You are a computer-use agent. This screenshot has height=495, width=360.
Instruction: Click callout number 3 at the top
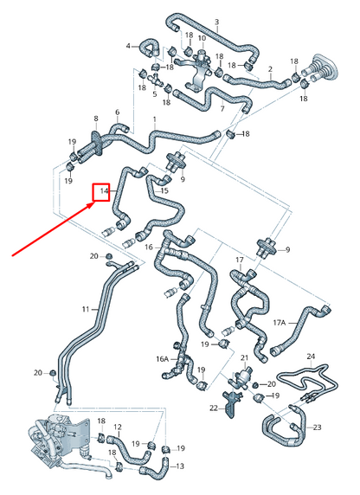click(x=216, y=22)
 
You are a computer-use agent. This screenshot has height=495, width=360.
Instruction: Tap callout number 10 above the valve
click(x=202, y=38)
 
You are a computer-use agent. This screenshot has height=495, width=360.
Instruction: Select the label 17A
click(x=280, y=322)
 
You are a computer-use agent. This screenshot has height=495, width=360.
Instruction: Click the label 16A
click(x=163, y=359)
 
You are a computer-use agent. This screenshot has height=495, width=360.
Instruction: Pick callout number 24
click(x=311, y=357)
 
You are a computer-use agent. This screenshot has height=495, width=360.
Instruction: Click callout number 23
click(x=317, y=427)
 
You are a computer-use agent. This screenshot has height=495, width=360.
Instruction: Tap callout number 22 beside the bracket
click(x=214, y=408)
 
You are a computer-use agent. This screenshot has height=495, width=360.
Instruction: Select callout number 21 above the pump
click(x=244, y=357)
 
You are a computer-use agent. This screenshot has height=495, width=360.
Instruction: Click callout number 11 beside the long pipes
click(x=86, y=309)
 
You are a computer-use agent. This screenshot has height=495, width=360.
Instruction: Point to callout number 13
click(x=180, y=466)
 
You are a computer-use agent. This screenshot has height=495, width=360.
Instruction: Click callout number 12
click(x=118, y=427)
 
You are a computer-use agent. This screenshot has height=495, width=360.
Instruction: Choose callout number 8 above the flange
click(x=96, y=119)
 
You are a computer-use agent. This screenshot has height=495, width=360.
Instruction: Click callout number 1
click(x=155, y=119)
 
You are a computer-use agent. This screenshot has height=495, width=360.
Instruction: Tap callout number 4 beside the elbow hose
click(x=128, y=46)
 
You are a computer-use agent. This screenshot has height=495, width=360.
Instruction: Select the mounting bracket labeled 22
click(x=232, y=404)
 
